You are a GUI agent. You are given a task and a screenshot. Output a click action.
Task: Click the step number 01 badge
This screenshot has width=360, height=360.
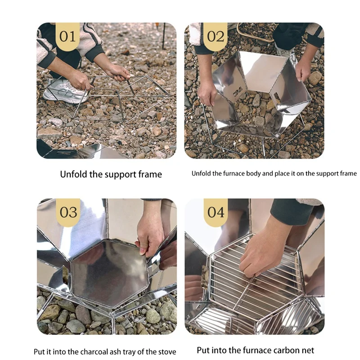point(67,36)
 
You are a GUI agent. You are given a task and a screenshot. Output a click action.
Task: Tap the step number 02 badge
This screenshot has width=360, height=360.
point(216,36)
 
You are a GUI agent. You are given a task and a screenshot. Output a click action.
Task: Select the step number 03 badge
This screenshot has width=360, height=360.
point(68,212)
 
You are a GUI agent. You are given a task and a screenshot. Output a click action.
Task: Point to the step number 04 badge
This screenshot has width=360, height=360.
point(216,212)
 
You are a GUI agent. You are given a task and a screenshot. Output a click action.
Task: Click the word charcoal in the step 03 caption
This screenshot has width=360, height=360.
point(94,352)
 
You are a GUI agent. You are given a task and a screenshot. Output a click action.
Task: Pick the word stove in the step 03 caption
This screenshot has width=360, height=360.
point(167,352)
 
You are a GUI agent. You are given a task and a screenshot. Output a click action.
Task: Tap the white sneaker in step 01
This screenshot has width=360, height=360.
point(65,91)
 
